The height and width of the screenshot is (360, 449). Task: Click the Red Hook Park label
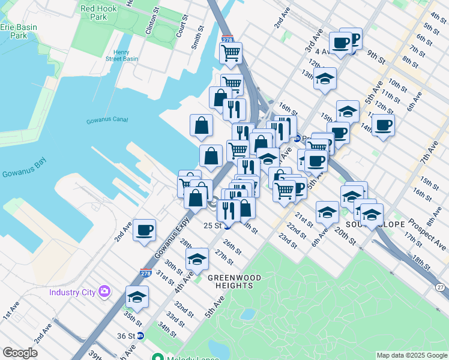point(94,13)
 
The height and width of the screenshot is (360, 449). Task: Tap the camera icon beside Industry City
point(106,292)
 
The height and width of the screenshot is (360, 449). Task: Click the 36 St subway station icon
point(140,336)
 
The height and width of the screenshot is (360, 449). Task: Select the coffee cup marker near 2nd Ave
point(144,230)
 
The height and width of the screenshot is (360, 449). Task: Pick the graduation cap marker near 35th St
point(137,297)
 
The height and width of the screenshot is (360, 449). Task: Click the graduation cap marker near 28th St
point(197,259)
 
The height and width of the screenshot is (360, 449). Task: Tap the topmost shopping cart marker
point(231,53)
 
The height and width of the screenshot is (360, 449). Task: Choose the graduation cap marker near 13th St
point(325,79)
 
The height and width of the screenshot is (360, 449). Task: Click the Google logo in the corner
point(20,353)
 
